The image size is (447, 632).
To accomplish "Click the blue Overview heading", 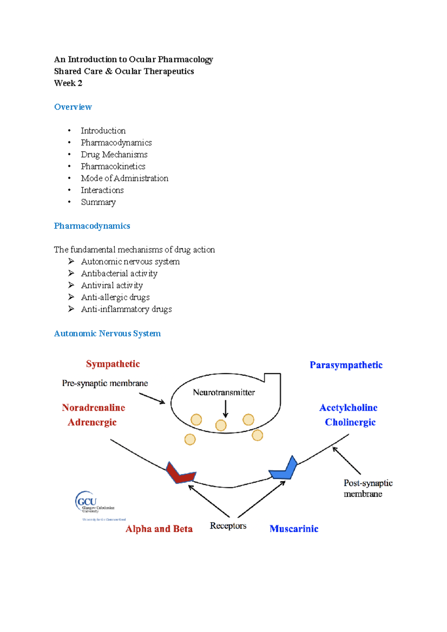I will (73, 107).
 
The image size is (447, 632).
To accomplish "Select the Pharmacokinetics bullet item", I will (113, 166).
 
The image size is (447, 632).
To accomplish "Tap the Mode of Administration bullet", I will (124, 178).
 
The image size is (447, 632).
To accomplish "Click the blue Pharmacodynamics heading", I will (92, 226).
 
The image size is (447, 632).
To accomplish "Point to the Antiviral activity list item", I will (112, 285).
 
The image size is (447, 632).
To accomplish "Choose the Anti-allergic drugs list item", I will (115, 297).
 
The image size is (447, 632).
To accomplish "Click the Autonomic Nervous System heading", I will (107, 333).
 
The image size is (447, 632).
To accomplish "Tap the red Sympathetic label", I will (113, 364).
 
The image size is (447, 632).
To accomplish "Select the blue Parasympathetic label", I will (346, 365).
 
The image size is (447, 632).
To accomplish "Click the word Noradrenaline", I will (93, 408).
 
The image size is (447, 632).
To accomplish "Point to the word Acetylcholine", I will (348, 408).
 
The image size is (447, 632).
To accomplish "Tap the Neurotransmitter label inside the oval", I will (224, 392).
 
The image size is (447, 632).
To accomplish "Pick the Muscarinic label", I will (294, 529).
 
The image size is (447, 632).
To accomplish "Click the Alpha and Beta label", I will (159, 529).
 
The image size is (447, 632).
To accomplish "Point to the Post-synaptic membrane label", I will (367, 488).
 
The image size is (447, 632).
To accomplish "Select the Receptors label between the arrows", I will (228, 526).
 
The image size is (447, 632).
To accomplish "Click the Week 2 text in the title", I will (68, 83).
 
